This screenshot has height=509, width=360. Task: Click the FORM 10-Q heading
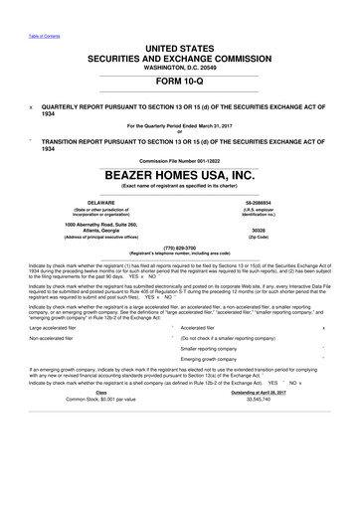(180, 84)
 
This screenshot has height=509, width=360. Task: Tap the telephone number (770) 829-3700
(180, 248)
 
